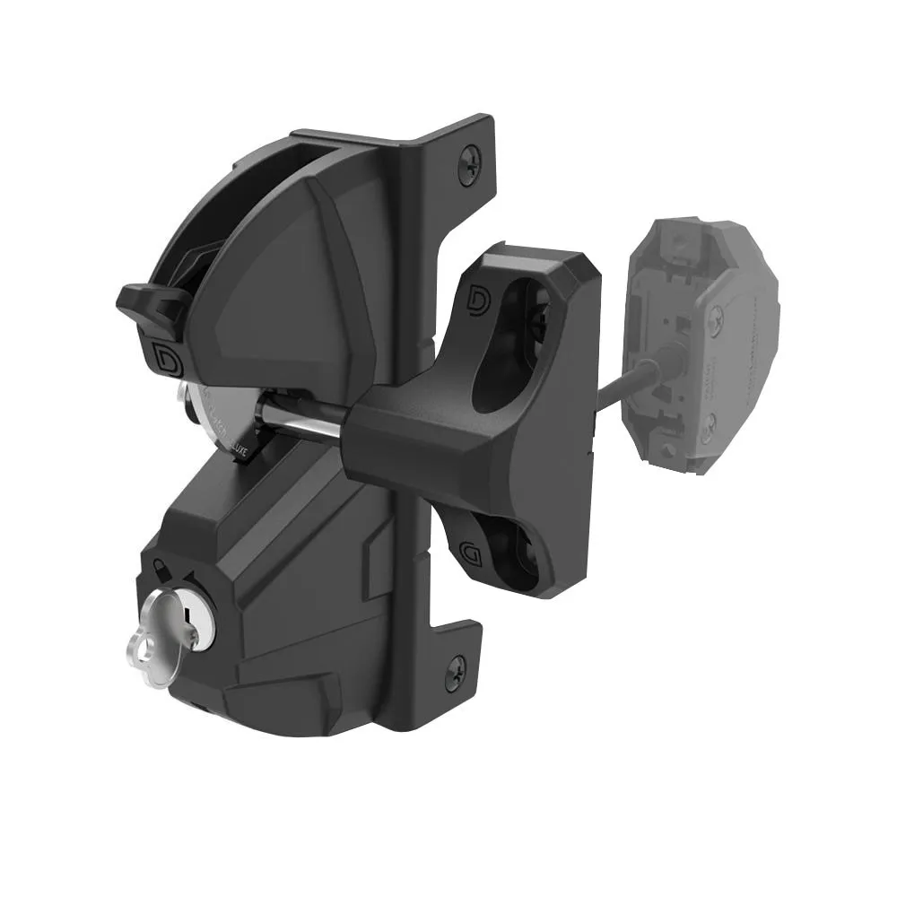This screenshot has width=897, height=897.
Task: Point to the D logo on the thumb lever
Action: tap(167, 355)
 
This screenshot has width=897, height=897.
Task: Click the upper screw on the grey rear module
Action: tap(716, 317)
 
